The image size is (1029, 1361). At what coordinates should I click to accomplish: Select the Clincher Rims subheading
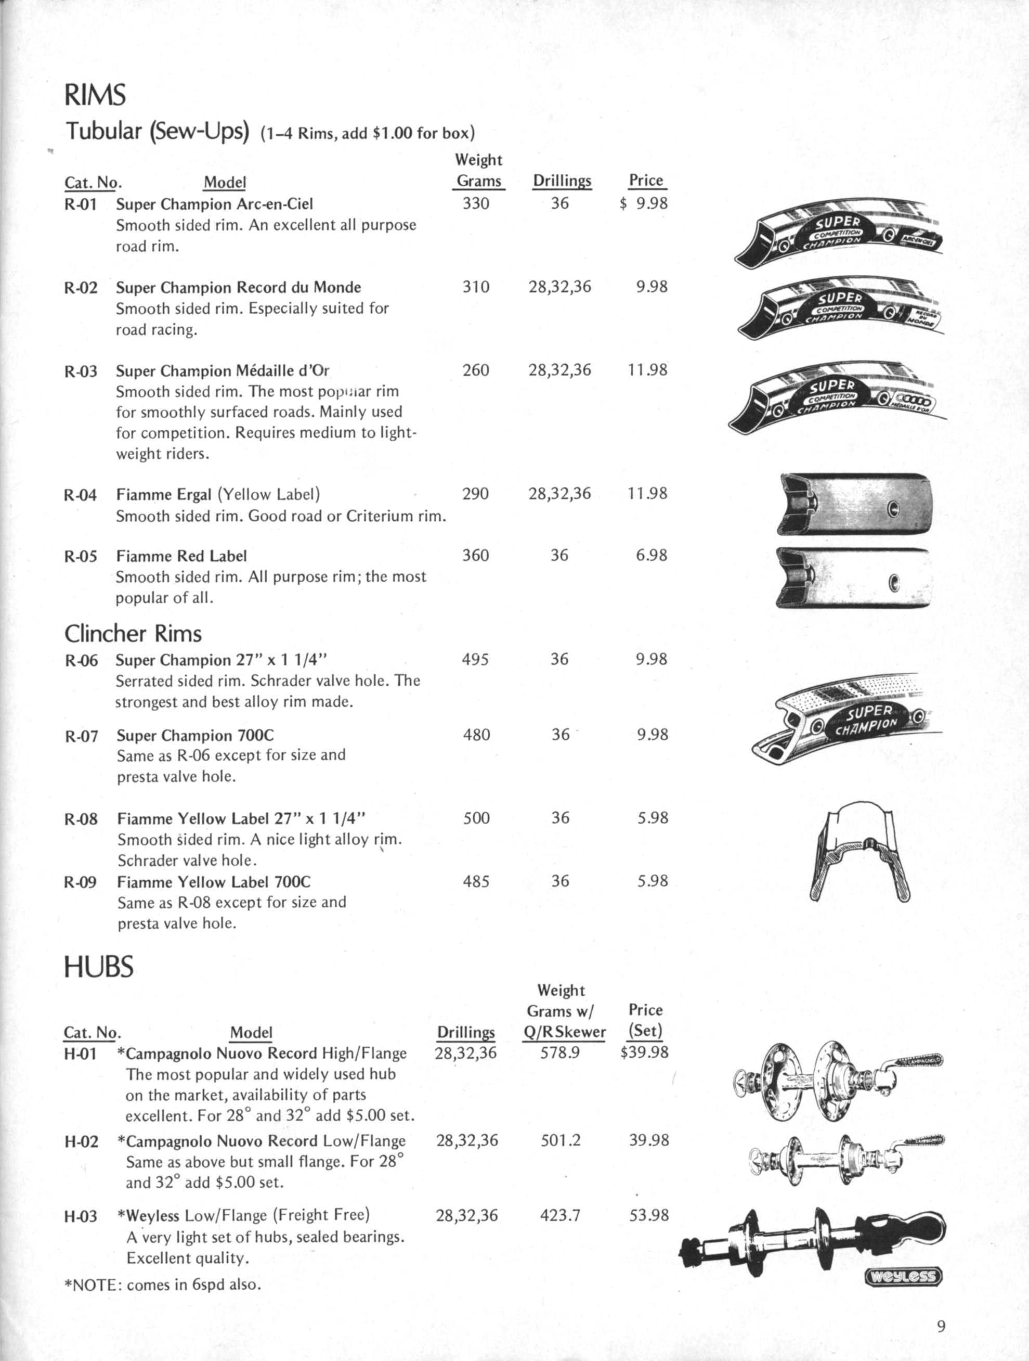tap(133, 633)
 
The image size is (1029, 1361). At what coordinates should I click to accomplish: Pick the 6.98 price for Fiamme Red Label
tap(652, 555)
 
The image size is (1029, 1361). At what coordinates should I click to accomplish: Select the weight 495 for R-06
tap(475, 660)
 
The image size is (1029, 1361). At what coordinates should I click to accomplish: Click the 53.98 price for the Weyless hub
tap(648, 1215)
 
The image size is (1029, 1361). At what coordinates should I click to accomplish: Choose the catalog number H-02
tap(81, 1142)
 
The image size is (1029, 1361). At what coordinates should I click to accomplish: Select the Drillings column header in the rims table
tap(562, 181)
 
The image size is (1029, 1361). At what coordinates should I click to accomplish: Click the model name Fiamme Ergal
tap(164, 494)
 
